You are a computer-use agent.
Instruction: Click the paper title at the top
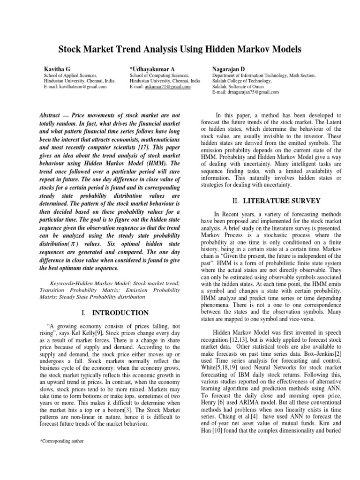point(180,49)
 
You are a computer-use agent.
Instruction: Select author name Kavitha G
point(57,68)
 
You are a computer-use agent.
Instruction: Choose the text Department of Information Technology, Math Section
point(264,75)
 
